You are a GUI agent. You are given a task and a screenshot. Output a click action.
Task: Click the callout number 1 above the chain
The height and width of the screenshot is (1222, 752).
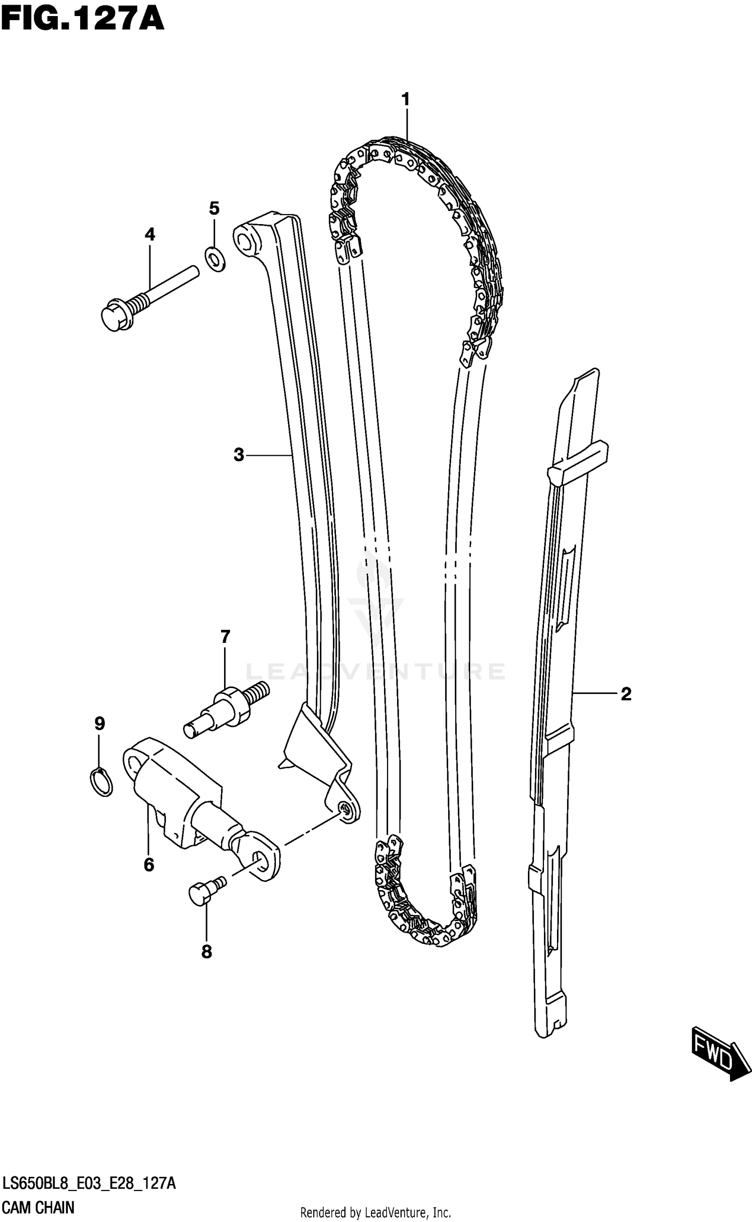pyautogui.click(x=406, y=100)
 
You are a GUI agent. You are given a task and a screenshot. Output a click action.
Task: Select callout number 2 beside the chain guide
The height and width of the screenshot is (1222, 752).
pyautogui.click(x=626, y=694)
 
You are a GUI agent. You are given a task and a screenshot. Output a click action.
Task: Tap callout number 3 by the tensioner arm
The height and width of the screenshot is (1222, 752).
pyautogui.click(x=239, y=455)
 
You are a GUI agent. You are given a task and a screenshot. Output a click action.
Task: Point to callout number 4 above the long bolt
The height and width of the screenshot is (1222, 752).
pyautogui.click(x=150, y=234)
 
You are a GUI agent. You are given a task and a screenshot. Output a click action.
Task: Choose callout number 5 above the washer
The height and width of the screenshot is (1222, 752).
pyautogui.click(x=214, y=208)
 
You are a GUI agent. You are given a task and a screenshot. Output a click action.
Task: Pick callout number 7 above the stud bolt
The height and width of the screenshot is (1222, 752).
pyautogui.click(x=225, y=637)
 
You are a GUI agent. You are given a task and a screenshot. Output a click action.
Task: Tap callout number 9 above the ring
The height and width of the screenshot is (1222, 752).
pyautogui.click(x=99, y=724)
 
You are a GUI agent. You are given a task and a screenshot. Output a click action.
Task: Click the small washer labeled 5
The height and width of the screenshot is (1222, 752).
pyautogui.click(x=215, y=259)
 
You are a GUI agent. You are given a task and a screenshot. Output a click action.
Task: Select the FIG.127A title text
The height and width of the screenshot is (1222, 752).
pyautogui.click(x=82, y=20)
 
